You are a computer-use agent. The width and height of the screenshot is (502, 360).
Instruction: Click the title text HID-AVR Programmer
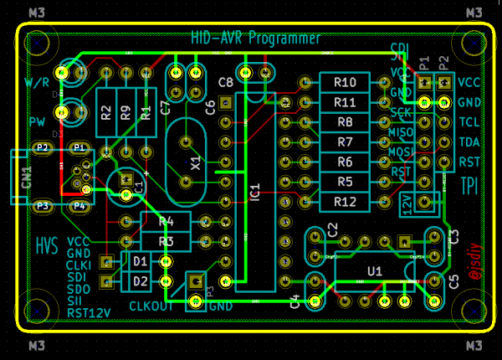(x=255, y=39)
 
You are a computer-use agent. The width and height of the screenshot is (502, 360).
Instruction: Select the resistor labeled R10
(x=345, y=82)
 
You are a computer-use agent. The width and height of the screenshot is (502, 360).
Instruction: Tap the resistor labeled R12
(x=345, y=202)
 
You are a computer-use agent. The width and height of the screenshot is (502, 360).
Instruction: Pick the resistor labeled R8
(x=345, y=122)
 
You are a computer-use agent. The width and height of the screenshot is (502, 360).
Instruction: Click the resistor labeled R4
(x=166, y=222)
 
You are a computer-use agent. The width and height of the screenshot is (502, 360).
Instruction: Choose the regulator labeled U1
(x=375, y=271)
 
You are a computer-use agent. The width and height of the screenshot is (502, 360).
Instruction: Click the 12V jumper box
(x=407, y=203)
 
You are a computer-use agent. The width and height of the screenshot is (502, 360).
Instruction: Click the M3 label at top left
(x=36, y=13)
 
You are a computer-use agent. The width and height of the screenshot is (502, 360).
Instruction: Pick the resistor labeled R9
(x=125, y=112)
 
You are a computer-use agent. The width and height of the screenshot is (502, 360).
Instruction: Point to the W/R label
(x=37, y=83)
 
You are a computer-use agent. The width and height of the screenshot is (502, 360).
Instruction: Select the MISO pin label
(x=402, y=133)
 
